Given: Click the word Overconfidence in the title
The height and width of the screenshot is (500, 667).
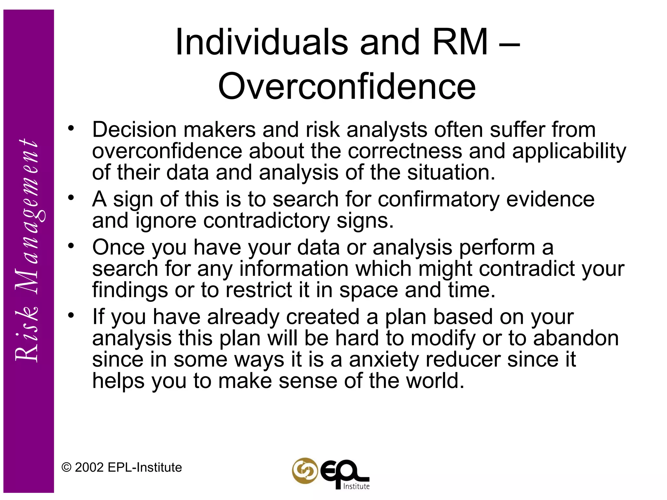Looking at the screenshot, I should tap(347, 87).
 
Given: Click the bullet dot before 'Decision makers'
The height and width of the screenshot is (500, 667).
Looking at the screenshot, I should tap(71, 128).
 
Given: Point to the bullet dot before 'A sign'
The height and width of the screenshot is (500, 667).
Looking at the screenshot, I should tap(71, 198).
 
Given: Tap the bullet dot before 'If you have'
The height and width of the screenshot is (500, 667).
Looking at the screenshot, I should tap(71, 315).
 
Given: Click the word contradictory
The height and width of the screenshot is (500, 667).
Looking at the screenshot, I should tap(266, 221).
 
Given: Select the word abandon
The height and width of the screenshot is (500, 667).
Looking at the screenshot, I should tap(576, 338).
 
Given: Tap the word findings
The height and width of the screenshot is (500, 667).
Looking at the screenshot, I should tap(130, 290).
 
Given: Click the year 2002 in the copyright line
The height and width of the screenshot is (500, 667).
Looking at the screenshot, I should tap(89, 467).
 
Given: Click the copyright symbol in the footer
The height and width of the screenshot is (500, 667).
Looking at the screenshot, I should tap(66, 467).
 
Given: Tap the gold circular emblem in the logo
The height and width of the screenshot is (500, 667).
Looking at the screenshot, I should tap(305, 471).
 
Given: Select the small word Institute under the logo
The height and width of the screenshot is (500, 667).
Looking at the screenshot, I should tap(357, 486).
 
